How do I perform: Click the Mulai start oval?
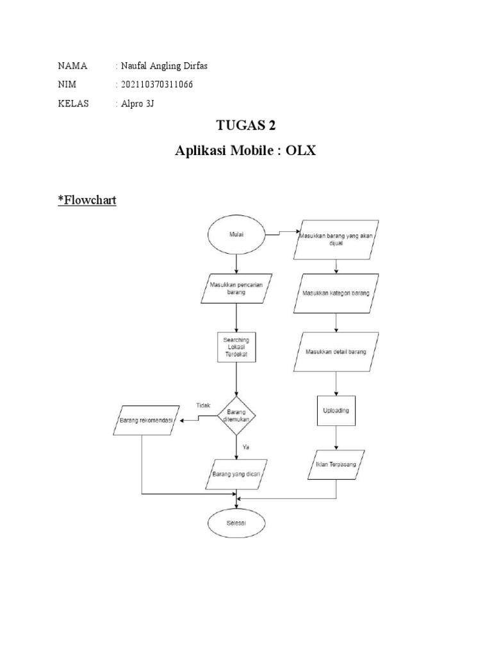tap(237, 235)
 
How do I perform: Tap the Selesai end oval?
tap(237, 523)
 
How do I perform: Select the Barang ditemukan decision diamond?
tap(237, 416)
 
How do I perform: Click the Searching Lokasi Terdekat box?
tap(237, 347)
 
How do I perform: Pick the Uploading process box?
tap(336, 410)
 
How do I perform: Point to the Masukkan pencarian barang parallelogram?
tap(237, 288)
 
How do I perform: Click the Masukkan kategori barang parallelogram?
tap(336, 293)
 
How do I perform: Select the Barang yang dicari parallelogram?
tap(238, 475)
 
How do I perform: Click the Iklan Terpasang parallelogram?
tap(336, 462)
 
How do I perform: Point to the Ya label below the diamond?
tap(245, 447)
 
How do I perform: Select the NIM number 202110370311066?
tap(156, 85)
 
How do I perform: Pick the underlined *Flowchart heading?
tap(86, 200)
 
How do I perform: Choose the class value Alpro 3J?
tap(138, 103)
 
